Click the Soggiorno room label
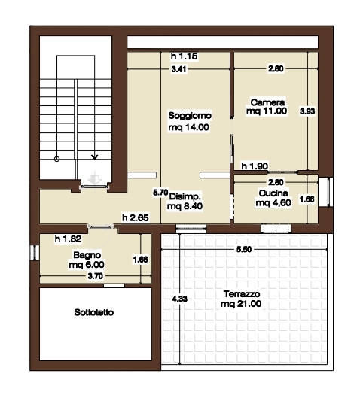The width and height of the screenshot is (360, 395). pyautogui.click(x=189, y=121)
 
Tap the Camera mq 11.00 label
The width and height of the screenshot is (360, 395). pyautogui.click(x=267, y=107)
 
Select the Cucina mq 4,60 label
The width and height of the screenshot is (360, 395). pyautogui.click(x=273, y=198)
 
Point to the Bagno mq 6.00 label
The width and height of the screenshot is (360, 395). pyautogui.click(x=87, y=260)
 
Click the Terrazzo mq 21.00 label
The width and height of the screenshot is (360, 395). pyautogui.click(x=241, y=299)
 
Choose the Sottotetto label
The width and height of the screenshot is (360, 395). pyautogui.click(x=94, y=313)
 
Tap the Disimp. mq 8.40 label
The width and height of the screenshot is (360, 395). pyautogui.click(x=185, y=201)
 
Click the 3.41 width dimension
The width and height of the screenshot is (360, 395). pyautogui.click(x=179, y=69)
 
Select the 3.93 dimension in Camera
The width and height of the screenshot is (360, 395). pyautogui.click(x=307, y=111)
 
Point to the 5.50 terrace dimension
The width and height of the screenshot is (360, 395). pyautogui.click(x=244, y=249)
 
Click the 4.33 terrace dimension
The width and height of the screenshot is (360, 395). pyautogui.click(x=179, y=299)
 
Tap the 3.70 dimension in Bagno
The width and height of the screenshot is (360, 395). pyautogui.click(x=96, y=276)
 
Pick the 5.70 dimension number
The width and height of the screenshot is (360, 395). pyautogui.click(x=160, y=193)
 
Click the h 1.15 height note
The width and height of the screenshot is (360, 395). pyautogui.click(x=184, y=56)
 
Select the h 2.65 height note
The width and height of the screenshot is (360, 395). pyautogui.click(x=136, y=217)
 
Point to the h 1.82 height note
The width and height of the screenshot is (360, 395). pyautogui.click(x=68, y=239)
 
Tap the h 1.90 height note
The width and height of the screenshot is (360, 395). pyautogui.click(x=255, y=166)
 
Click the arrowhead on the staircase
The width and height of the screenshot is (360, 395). pyautogui.click(x=95, y=157)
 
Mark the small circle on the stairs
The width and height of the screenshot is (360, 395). pyautogui.click(x=57, y=159)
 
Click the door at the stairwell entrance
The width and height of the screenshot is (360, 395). pyautogui.click(x=95, y=187)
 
